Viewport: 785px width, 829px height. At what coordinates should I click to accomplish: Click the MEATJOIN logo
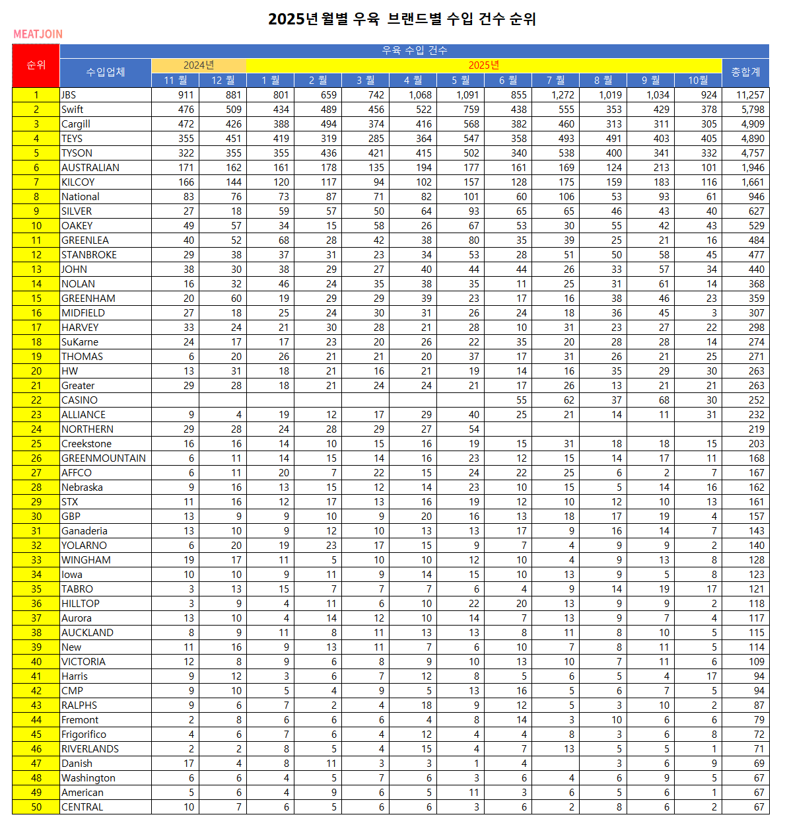click(38, 34)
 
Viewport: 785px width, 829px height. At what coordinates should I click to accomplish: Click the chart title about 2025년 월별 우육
click(401, 19)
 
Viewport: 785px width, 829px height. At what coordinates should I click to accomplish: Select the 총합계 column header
click(745, 72)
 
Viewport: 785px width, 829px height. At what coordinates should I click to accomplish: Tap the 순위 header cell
click(36, 65)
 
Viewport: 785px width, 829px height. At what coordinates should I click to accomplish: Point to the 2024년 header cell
click(199, 65)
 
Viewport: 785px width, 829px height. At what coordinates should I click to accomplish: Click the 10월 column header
click(698, 80)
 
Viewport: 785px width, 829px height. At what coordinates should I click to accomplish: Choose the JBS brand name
click(69, 94)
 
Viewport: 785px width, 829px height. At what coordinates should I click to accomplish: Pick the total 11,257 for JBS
click(750, 94)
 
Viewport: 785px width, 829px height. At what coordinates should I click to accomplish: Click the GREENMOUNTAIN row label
click(104, 458)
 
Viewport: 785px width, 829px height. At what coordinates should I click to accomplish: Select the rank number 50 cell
click(36, 807)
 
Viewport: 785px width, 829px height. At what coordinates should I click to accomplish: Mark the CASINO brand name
click(79, 400)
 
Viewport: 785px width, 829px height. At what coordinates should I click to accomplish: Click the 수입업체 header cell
click(106, 72)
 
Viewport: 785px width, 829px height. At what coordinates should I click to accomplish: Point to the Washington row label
click(88, 777)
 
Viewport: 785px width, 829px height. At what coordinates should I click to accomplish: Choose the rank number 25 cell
click(36, 443)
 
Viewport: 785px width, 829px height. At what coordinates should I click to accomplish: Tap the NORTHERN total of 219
click(757, 429)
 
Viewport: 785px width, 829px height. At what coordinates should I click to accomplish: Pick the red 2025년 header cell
click(484, 65)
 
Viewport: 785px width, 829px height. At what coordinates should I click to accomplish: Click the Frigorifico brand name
click(84, 734)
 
